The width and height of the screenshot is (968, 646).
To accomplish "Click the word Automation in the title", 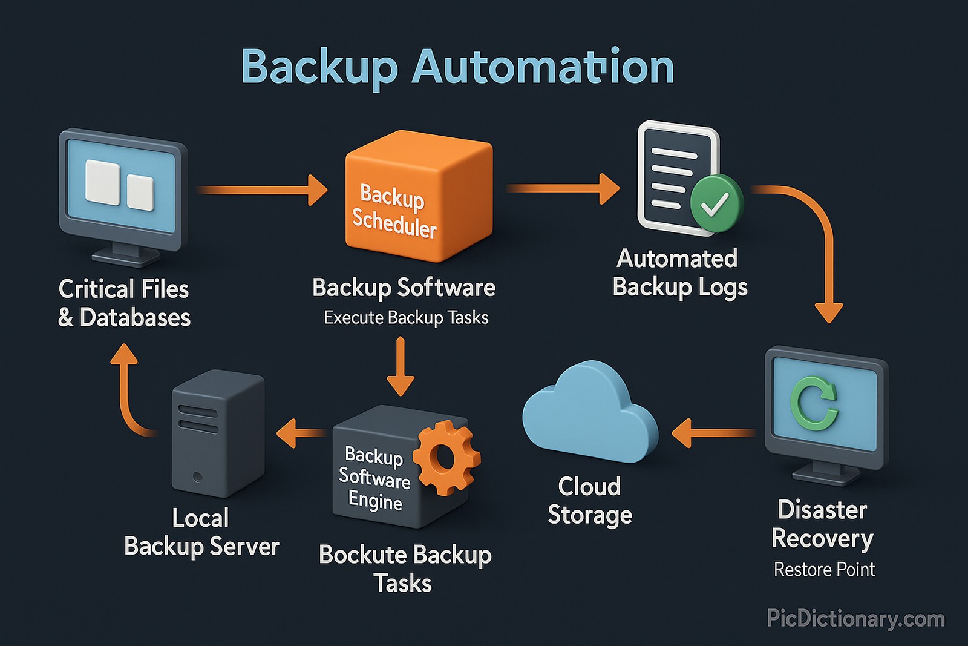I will pos(543,67).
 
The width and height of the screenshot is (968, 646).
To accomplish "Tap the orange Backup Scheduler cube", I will pos(417,197).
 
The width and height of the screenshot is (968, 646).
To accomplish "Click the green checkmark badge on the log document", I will pos(716,203).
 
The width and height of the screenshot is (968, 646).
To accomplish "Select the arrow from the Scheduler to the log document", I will pos(563,188).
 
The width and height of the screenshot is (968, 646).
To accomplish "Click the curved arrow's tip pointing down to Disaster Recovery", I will pos(828,311).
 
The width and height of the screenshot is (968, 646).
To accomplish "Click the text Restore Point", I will pos(824,570).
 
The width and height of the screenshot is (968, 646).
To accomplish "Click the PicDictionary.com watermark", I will pos(855,619).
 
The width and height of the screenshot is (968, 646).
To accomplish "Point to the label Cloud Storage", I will pos(589,501).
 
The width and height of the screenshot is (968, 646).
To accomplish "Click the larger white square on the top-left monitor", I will pos(102,182).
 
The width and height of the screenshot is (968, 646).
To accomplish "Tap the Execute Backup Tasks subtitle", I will pos(406,318).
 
